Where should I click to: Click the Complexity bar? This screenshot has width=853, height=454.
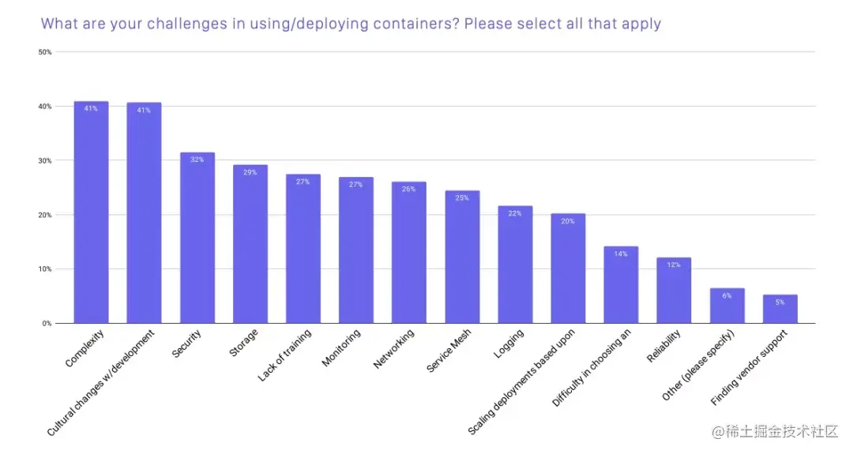(x=91, y=213)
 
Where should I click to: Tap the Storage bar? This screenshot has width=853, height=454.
(x=250, y=245)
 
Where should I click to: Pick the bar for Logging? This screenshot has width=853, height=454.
(x=515, y=265)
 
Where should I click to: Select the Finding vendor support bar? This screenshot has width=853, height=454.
(x=780, y=309)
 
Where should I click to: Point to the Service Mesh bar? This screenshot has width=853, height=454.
(x=462, y=257)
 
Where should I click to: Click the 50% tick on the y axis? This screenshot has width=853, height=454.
(x=45, y=52)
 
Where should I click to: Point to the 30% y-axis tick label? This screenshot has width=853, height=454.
(x=45, y=160)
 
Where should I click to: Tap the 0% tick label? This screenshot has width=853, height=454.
(x=47, y=323)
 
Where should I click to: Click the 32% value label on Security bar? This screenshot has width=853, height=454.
(x=197, y=159)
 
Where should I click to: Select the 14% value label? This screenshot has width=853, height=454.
(x=621, y=253)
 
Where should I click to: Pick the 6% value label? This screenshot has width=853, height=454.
(x=727, y=295)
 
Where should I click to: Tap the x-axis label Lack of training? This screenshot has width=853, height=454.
(x=284, y=356)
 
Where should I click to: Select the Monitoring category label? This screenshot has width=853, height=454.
(x=341, y=348)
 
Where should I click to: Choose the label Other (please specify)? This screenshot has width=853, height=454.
(x=699, y=366)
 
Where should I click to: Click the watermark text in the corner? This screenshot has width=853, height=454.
(x=774, y=431)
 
